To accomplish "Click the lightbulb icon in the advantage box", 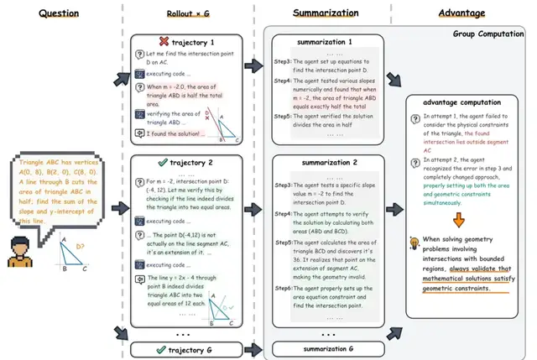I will (412, 244).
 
